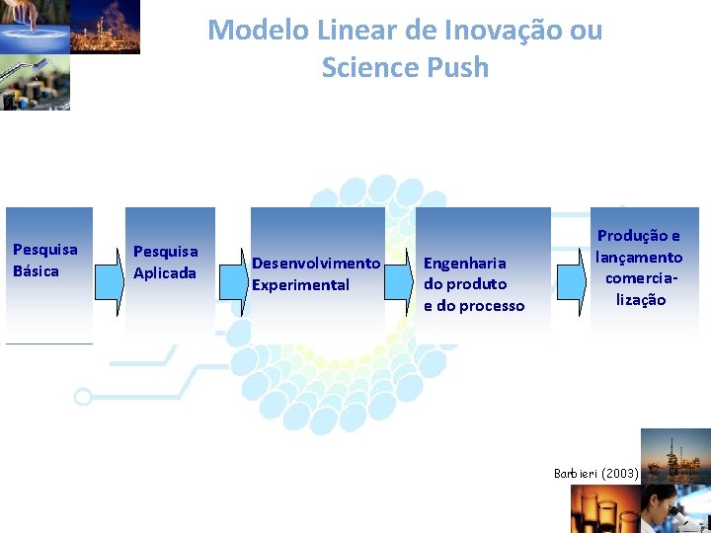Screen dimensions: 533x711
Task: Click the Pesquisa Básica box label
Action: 44,260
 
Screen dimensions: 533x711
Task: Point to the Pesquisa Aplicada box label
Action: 165,263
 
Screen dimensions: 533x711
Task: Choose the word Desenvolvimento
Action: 316,263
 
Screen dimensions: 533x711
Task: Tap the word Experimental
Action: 300,284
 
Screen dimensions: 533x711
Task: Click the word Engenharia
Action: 464,263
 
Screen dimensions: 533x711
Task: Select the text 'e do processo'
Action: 474,306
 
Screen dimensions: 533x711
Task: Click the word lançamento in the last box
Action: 639,257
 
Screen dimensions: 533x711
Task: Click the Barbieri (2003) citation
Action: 596,474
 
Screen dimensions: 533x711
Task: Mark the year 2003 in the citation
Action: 620,474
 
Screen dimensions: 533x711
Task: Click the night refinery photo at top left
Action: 105,27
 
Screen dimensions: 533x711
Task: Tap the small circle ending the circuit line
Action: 83,397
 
